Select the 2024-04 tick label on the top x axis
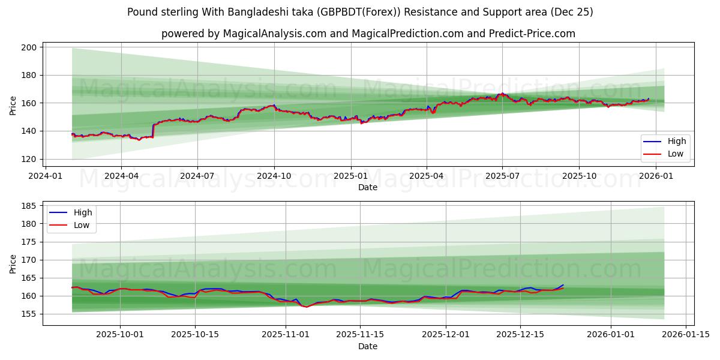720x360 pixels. tap(121, 176)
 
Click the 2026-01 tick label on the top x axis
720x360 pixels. tap(656, 176)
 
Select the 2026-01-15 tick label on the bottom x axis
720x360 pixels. tap(685, 335)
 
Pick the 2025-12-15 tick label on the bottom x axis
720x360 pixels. tap(520, 335)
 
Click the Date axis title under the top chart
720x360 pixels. tap(368, 187)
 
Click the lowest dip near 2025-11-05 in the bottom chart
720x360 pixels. tap(306, 307)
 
